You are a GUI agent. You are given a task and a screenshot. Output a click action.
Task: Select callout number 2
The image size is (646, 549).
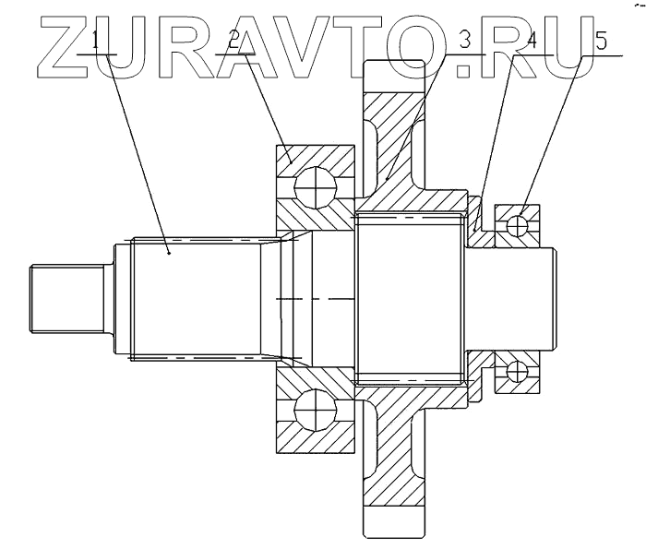click(x=233, y=40)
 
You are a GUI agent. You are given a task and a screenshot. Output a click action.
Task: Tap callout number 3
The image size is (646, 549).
click(x=464, y=40)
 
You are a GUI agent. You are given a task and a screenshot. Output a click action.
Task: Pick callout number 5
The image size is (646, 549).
click(x=603, y=40)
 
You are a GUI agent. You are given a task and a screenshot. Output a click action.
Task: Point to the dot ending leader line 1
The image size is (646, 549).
click(x=169, y=250)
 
